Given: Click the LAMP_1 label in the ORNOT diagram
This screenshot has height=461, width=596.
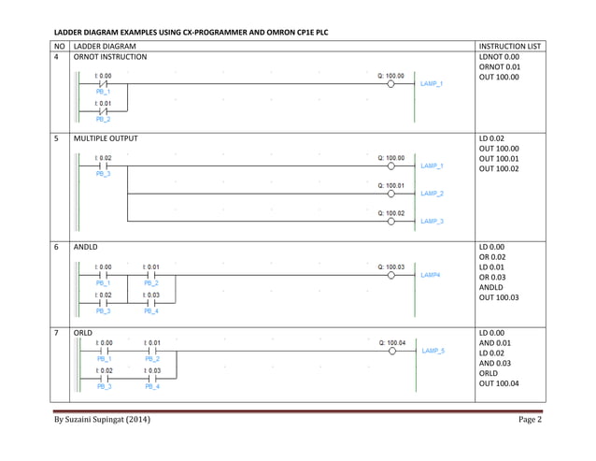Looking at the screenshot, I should pos(432,83).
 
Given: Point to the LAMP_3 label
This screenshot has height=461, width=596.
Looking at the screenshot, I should pos(432,221).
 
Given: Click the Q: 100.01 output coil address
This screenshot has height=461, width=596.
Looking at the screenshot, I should pos(391,185).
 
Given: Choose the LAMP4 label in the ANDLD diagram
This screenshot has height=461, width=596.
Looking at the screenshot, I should pos(430,275).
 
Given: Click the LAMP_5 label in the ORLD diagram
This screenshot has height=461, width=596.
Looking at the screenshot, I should pos(432,350).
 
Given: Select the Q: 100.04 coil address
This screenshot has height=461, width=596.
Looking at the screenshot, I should pos(391,342).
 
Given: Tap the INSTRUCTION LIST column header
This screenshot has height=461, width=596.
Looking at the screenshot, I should pos(509,46).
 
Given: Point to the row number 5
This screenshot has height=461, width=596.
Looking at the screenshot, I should pos(58,138).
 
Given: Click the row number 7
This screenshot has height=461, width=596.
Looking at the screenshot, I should pos(58,333).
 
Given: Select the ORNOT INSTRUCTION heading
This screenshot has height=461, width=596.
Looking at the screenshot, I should pos(109,57).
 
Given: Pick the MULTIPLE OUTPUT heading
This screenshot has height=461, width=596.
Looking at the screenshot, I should pos(106,138).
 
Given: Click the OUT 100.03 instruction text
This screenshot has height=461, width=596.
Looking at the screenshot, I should pos(499,298).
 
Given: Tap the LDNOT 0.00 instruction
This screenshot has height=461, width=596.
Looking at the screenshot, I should pos(499,57).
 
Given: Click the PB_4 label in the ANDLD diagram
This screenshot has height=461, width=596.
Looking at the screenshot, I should pos(151,310).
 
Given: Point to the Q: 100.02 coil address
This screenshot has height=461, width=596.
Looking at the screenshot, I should pos(391,213).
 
